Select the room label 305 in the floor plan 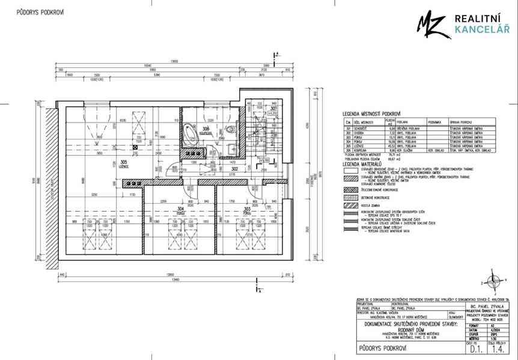pyautogui.click(x=123, y=162)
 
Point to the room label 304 pyautogui.click(x=180, y=208)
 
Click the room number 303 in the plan pyautogui.click(x=246, y=208)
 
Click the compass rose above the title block pyautogui.click(x=492, y=280)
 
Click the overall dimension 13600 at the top pyautogui.click(x=174, y=61)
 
